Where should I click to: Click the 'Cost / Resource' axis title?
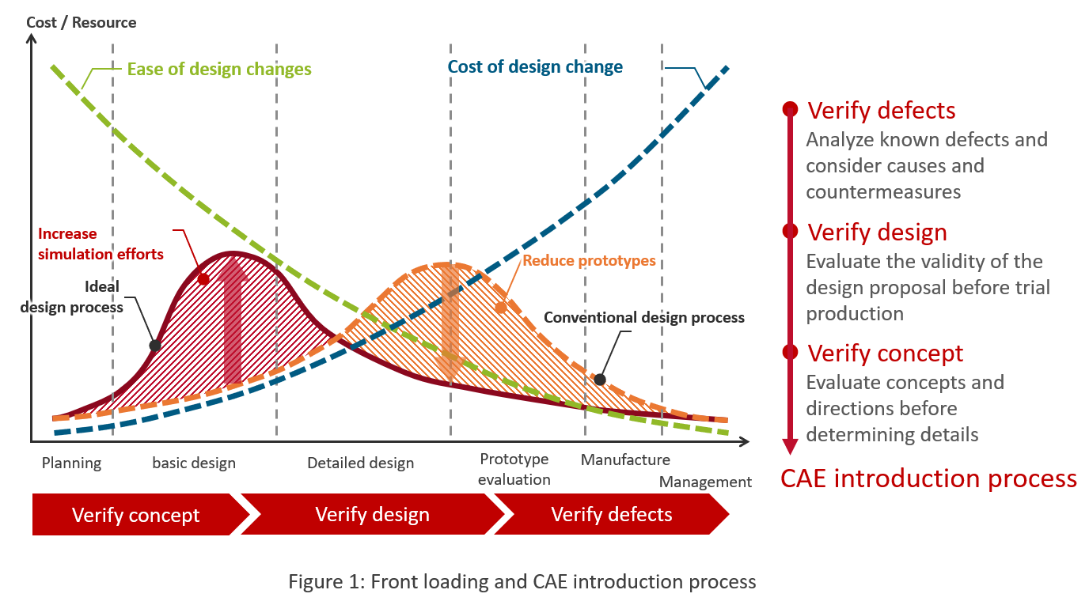(82, 22)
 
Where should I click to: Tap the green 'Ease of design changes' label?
(219, 69)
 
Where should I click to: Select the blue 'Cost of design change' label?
(535, 66)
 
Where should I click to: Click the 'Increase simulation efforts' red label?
(101, 244)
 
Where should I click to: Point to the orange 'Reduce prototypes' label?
(590, 260)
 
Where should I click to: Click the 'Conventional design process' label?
(644, 317)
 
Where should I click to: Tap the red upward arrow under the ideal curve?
(233, 321)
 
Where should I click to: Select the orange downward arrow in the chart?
(450, 323)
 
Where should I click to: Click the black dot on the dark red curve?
(155, 346)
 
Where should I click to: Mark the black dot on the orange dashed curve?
(600, 380)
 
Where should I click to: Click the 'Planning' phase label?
(71, 463)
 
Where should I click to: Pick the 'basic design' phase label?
(194, 463)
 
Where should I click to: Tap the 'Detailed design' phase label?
(361, 463)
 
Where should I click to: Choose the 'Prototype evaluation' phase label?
(514, 470)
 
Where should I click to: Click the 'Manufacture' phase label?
(625, 459)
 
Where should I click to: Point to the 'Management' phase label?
(705, 482)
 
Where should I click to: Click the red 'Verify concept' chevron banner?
(136, 515)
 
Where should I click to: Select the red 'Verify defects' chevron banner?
(612, 515)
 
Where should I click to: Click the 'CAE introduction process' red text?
(928, 478)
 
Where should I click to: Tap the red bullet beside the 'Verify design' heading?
(790, 231)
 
